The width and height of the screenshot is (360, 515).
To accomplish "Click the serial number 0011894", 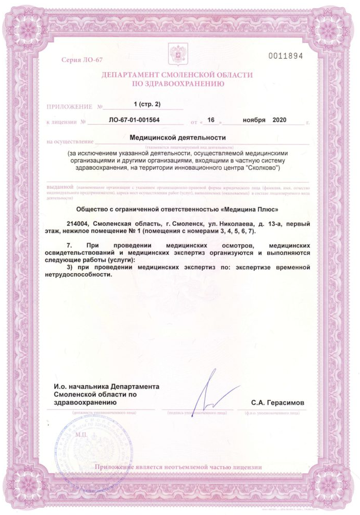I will (x=285, y=56).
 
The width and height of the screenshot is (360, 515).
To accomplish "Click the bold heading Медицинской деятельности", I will (x=178, y=138).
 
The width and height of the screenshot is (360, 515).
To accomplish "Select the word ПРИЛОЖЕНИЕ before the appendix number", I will (x=68, y=107).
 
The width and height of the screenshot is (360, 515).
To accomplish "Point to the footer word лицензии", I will (x=247, y=467).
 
